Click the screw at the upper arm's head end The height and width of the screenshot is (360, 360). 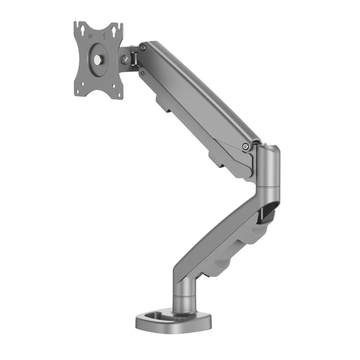click(x=143, y=48)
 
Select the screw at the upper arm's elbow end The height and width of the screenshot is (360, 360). click(x=245, y=146)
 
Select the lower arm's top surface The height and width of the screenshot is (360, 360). click(x=225, y=225)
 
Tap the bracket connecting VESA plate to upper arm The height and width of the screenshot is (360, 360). click(x=131, y=56)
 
